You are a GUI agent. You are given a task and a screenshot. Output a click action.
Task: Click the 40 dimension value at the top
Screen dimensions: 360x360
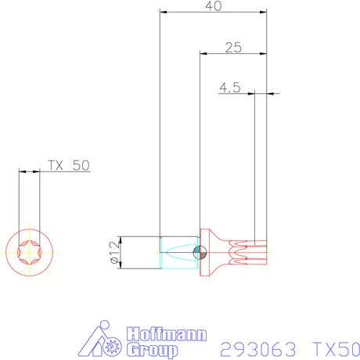click(212, 6)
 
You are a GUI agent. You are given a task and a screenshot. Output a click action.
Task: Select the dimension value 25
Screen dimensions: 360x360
click(232, 47)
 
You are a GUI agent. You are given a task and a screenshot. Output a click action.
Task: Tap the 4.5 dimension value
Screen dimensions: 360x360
click(229, 88)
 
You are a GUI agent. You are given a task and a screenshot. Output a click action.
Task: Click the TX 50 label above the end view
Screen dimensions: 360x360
click(69, 165)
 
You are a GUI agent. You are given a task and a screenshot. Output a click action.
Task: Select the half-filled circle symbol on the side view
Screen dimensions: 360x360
click(199, 252)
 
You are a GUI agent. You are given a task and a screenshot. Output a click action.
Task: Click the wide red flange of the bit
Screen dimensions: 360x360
click(206, 252)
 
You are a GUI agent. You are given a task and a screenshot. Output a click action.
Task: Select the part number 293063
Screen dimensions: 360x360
click(256, 348)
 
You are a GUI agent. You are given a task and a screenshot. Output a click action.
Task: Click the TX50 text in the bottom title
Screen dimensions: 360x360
click(336, 348)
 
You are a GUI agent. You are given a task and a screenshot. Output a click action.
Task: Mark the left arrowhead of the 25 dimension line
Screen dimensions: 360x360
click(203, 53)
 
